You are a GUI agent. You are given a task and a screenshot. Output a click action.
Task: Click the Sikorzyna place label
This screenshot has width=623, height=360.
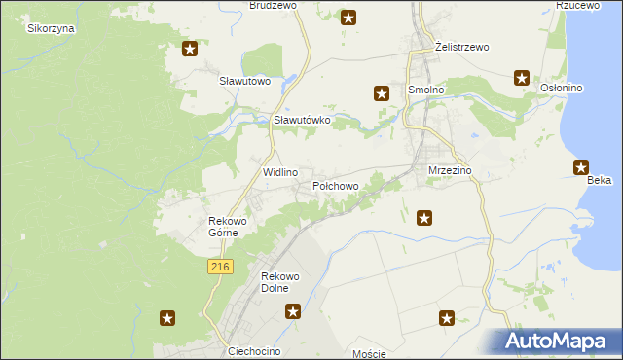[52, 28]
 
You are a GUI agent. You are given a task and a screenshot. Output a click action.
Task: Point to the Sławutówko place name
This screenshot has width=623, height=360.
[303, 120]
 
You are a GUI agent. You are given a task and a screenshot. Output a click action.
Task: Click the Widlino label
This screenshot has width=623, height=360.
[280, 171]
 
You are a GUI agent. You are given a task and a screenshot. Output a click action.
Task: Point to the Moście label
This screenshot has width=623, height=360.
[370, 354]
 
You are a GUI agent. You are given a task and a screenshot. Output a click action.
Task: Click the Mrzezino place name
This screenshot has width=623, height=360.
[450, 170]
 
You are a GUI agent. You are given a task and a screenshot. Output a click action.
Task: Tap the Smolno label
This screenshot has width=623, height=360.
[426, 90]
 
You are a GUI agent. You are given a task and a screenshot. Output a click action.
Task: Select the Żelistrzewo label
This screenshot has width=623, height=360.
[462, 47]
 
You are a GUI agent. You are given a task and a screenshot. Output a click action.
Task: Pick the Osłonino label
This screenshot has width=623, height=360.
[561, 89]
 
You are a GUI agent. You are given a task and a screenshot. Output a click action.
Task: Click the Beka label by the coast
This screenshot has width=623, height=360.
[599, 181]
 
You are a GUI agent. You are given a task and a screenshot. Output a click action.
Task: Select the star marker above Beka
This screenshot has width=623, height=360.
[582, 166]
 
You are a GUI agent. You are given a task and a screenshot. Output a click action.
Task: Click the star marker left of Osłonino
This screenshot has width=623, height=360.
[522, 78]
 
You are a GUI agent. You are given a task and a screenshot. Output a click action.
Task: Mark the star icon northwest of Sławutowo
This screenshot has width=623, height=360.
[190, 48]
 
